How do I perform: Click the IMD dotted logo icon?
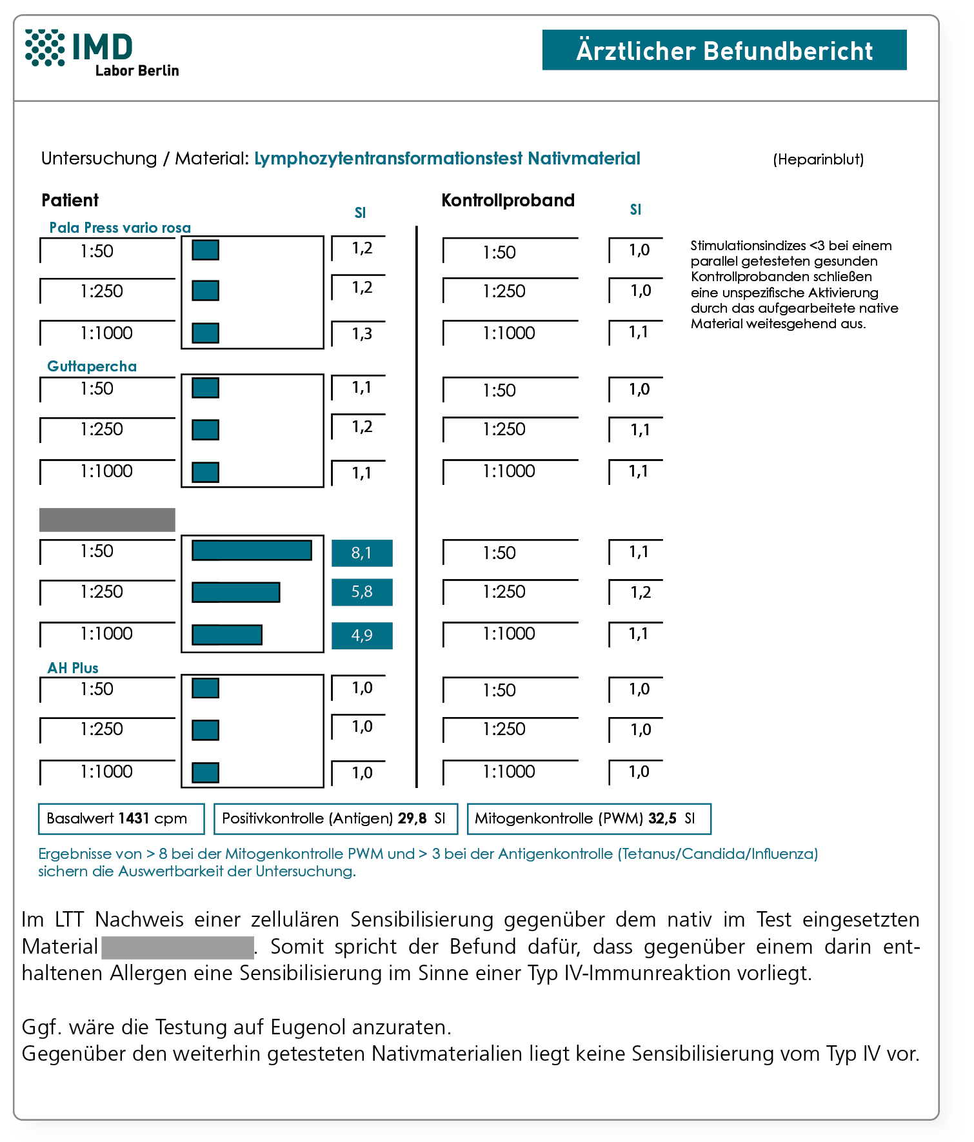[x=45, y=47]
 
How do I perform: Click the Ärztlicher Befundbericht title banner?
[x=724, y=50]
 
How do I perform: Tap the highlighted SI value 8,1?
[x=362, y=553]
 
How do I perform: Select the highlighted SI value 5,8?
[x=362, y=592]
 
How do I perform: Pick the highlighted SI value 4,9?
[x=362, y=635]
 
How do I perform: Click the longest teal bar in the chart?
[x=252, y=551]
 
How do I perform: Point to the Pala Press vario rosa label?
[x=120, y=228]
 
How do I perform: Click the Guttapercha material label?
[x=92, y=366]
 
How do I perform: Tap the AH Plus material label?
[x=73, y=668]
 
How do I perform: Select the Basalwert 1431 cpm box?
[x=121, y=819]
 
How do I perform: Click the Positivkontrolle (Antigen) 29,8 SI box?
[x=335, y=819]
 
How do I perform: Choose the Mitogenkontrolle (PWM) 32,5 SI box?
[x=588, y=819]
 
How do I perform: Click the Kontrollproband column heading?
[x=508, y=201]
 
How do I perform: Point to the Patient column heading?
[x=70, y=201]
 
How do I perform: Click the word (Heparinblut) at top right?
[x=818, y=159]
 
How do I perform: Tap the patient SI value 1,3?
[x=362, y=334]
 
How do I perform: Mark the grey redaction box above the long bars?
[x=107, y=520]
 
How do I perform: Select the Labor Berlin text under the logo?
[x=137, y=71]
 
